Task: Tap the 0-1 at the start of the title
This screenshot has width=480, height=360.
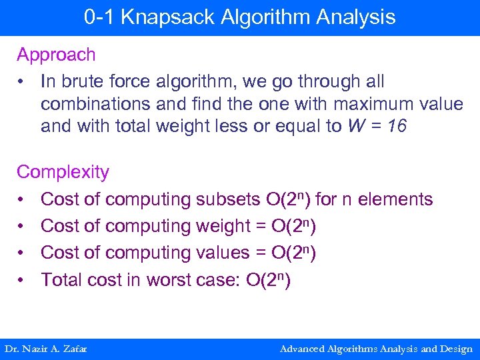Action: tap(98, 17)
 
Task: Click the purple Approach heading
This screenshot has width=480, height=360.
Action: tap(56, 55)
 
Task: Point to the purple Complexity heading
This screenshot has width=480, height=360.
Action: tap(63, 172)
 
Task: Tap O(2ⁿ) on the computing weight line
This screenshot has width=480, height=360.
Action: tap(295, 226)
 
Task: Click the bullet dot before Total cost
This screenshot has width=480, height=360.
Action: tap(22, 280)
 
